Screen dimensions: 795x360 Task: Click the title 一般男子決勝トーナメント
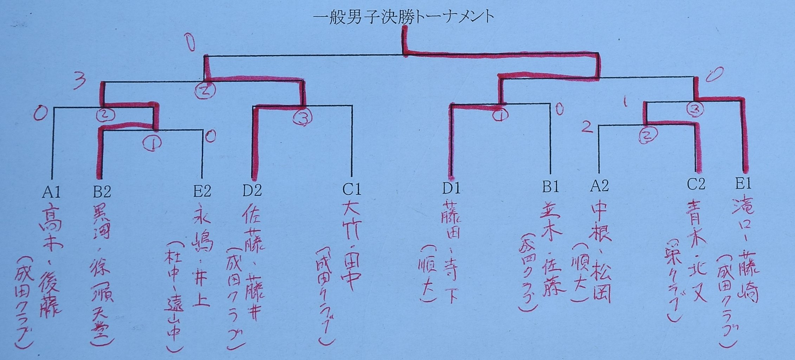[403, 17]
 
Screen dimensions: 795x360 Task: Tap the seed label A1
[51, 192]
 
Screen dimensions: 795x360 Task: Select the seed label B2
[102, 192]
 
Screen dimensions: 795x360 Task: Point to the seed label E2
[202, 191]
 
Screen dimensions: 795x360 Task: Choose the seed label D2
[252, 191]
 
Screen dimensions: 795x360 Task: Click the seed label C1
[351, 190]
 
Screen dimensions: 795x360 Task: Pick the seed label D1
[451, 188]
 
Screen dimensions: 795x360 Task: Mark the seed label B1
[550, 187]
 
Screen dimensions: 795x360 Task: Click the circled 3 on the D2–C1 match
[303, 118]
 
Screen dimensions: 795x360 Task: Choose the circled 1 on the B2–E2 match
[152, 143]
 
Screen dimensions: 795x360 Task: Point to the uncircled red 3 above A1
[79, 82]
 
